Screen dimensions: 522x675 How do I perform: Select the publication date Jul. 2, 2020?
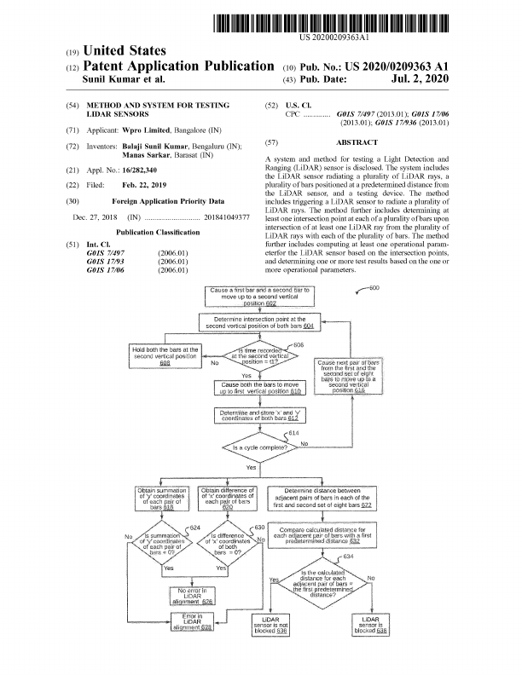419,79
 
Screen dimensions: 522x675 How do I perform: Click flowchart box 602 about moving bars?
261,296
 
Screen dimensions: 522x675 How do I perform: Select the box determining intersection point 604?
261,323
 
